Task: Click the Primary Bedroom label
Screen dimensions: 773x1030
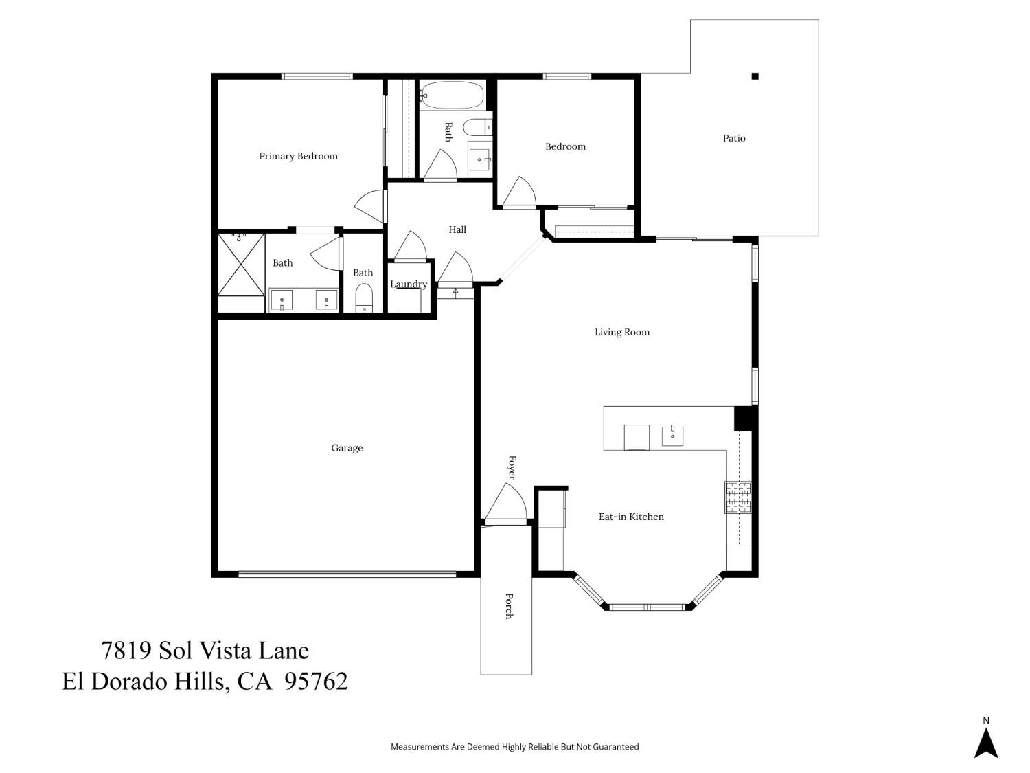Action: click(298, 156)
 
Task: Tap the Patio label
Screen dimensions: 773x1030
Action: click(734, 138)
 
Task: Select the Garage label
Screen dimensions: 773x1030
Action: click(347, 448)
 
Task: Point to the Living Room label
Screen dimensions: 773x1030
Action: click(622, 332)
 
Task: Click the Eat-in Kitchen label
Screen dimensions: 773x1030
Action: click(631, 517)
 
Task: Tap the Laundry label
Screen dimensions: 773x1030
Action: click(409, 284)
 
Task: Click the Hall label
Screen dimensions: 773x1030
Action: click(457, 229)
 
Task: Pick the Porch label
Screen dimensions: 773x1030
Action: click(509, 606)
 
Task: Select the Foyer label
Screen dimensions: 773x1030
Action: click(512, 467)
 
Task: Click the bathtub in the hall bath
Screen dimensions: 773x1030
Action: click(452, 96)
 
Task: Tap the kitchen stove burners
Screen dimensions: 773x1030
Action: click(738, 497)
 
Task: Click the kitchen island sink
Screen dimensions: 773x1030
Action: click(672, 436)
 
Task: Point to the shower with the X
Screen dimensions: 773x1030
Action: click(241, 265)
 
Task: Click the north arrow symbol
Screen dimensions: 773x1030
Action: click(986, 742)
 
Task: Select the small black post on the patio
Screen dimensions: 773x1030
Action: click(755, 76)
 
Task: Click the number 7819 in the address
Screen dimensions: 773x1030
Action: click(126, 650)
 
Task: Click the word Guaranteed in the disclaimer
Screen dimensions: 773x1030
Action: click(617, 747)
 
